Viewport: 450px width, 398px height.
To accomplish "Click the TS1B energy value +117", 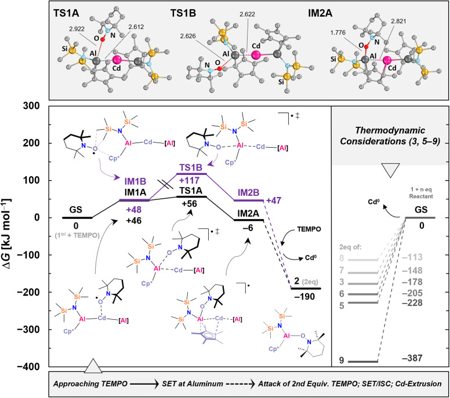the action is (189, 180).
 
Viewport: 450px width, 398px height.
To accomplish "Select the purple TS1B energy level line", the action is (191, 174).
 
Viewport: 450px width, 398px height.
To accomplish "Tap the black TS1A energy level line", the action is (191, 197).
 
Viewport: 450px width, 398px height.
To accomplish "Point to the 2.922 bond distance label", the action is (77, 29).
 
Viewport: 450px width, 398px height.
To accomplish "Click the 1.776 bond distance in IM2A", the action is (338, 32).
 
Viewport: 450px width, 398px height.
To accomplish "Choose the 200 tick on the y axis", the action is (31, 143).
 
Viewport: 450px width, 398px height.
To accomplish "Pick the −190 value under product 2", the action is (304, 297).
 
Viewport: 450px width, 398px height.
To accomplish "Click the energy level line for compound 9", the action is (363, 362).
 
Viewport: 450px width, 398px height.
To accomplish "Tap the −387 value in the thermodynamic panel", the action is (412, 358).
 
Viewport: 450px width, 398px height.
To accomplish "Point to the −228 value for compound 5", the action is (412, 302).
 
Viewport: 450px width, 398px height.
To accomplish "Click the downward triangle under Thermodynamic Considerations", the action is (390, 170).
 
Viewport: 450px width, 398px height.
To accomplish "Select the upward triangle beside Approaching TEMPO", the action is (93, 366).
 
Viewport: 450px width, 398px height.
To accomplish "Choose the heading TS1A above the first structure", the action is (66, 13).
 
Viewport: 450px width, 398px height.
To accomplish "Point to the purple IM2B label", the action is (249, 193).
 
